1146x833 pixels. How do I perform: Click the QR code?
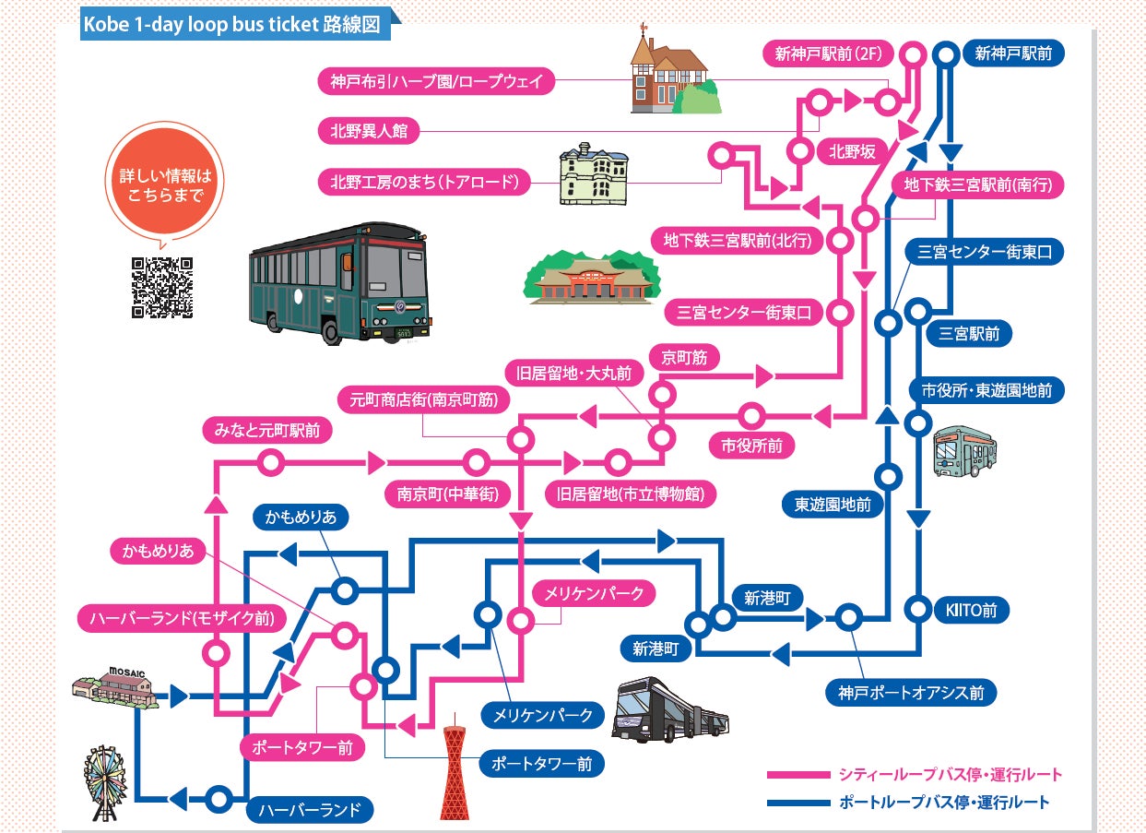click(162, 287)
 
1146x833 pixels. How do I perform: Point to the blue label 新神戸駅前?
click(1012, 54)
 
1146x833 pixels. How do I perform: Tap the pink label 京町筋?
click(684, 358)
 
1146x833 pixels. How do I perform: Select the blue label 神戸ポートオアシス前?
click(911, 691)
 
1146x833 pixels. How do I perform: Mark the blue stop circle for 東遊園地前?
click(889, 477)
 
